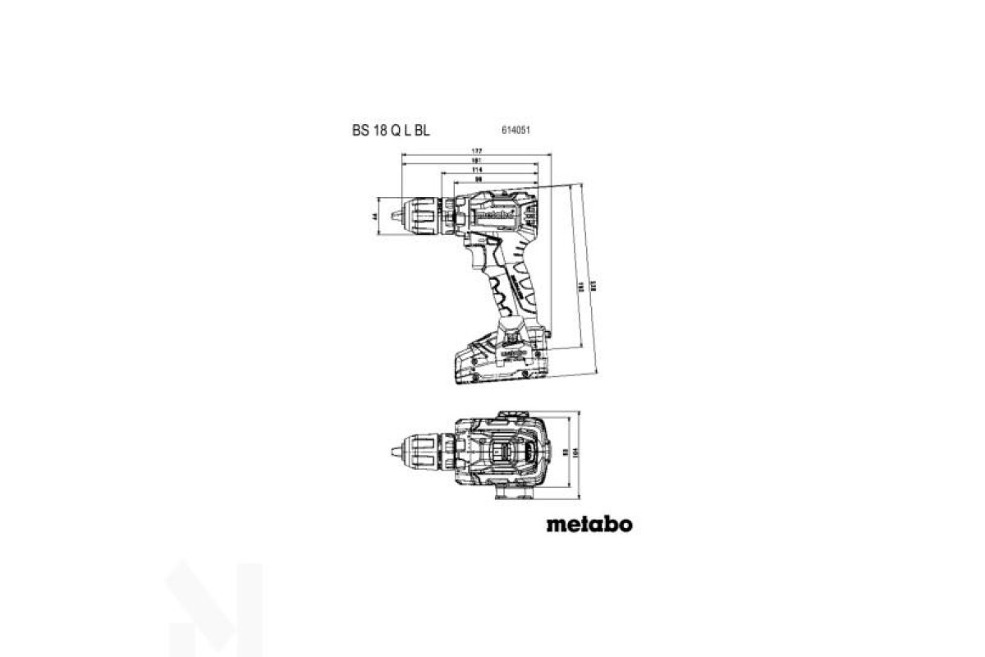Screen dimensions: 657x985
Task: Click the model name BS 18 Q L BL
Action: coord(390,129)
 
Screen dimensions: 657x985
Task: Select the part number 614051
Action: coord(514,130)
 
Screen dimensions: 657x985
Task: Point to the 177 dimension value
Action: coord(477,152)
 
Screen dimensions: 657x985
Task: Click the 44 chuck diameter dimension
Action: coord(373,217)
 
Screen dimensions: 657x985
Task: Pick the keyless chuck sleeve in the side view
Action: coord(420,217)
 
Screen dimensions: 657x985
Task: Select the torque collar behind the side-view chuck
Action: coord(447,216)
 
